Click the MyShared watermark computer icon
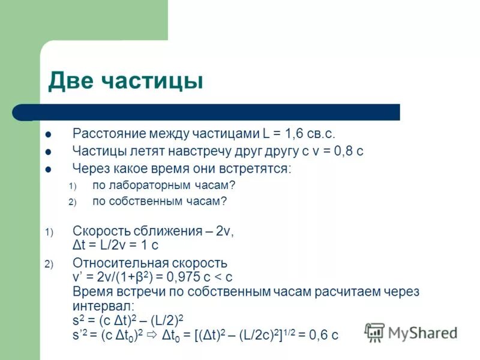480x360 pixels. click(x=375, y=332)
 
